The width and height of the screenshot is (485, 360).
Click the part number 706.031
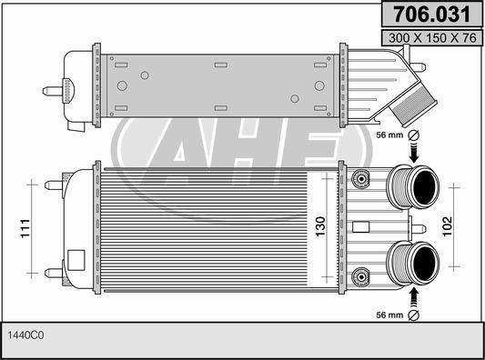point(430,15)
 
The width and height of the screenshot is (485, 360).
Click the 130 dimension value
point(319,226)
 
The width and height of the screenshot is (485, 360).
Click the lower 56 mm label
point(388,315)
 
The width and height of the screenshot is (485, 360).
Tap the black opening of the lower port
point(422,265)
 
